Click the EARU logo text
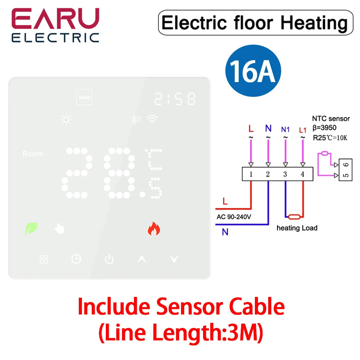55,19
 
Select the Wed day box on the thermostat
85,98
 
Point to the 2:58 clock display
175,99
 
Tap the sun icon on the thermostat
66,120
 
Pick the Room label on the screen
33,154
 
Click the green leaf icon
31,229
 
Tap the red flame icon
154,229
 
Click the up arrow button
142,259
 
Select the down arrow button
174,259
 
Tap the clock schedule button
76,259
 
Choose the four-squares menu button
44,259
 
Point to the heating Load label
297,228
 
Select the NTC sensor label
330,119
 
